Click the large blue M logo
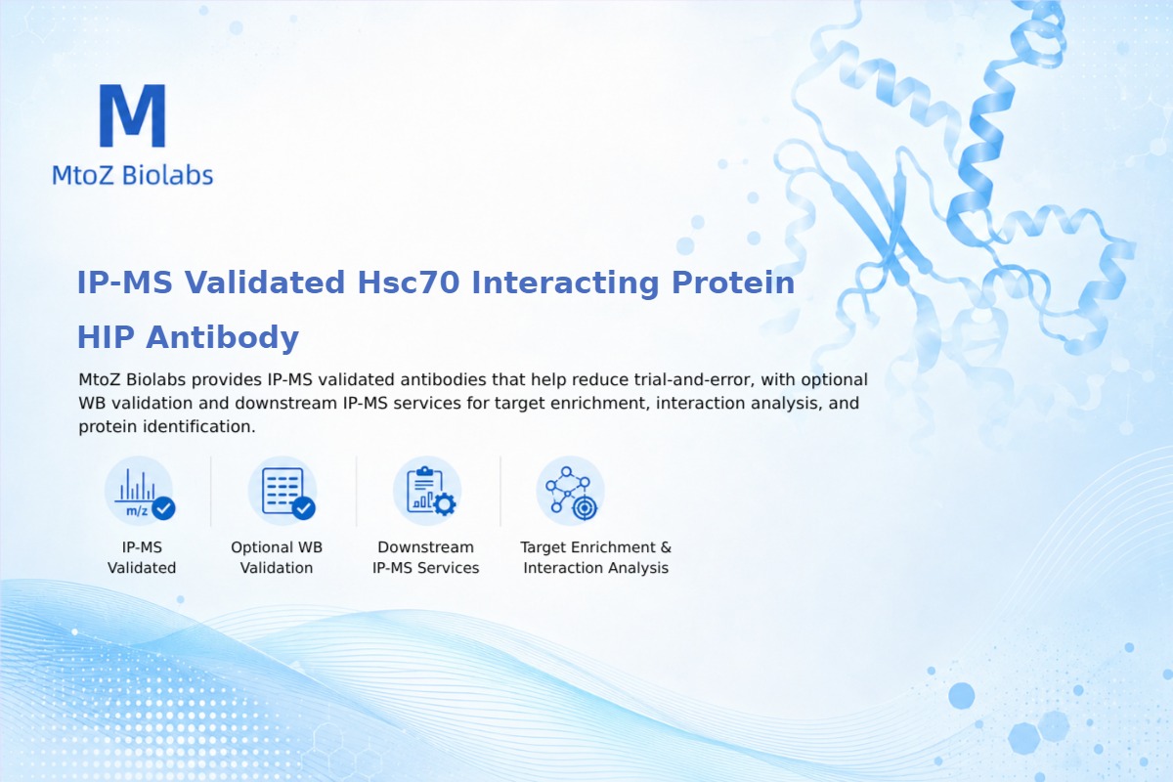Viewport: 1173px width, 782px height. tap(133, 115)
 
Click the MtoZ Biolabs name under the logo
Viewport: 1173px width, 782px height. tap(133, 175)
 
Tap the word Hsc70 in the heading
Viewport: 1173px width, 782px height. tap(409, 282)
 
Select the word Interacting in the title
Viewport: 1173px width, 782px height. tap(566, 283)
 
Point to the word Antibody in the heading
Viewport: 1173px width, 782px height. tap(222, 338)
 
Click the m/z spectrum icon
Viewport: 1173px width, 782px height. tap(139, 492)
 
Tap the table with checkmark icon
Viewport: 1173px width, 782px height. tap(282, 492)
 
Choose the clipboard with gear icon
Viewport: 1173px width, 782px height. tap(427, 492)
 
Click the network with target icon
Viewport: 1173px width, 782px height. tap(571, 492)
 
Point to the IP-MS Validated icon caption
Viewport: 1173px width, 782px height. tap(142, 557)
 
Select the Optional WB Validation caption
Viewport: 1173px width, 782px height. tap(277, 557)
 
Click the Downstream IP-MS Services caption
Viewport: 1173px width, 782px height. tap(426, 557)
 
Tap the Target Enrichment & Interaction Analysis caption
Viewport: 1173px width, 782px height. tap(596, 557)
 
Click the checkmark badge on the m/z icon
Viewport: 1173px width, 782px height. tap(163, 508)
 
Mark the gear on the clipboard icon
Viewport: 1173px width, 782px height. tap(445, 504)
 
